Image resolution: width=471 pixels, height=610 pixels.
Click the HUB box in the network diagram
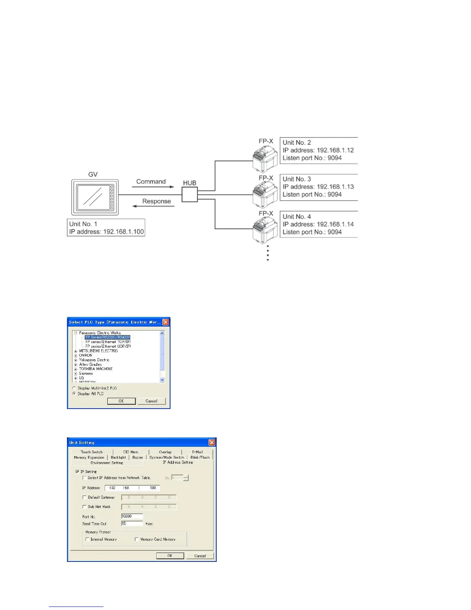click(x=189, y=194)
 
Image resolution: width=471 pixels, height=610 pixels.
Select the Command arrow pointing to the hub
click(x=153, y=187)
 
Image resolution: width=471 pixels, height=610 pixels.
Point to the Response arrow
click(x=153, y=206)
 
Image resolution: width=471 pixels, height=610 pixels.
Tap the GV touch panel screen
click(x=93, y=196)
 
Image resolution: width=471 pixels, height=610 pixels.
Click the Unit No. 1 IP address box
click(x=106, y=228)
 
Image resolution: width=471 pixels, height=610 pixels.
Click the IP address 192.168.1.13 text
click(x=318, y=187)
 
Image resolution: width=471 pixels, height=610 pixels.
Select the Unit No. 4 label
click(x=297, y=217)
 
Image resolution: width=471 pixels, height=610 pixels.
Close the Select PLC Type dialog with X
click(x=165, y=322)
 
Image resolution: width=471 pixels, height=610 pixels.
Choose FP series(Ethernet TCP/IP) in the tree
click(x=108, y=342)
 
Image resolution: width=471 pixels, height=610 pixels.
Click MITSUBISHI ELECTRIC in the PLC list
click(x=99, y=351)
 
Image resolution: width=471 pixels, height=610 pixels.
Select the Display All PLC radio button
click(x=74, y=394)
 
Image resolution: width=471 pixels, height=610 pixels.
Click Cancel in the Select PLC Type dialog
click(x=152, y=401)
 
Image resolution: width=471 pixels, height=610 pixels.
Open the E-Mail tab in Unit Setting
click(x=197, y=452)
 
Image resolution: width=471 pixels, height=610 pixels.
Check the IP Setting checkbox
click(x=77, y=471)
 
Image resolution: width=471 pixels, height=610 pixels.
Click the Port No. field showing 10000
click(x=132, y=516)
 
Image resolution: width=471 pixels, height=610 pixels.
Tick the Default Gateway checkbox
click(x=85, y=498)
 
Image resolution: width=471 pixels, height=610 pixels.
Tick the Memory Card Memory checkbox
click(x=137, y=540)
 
